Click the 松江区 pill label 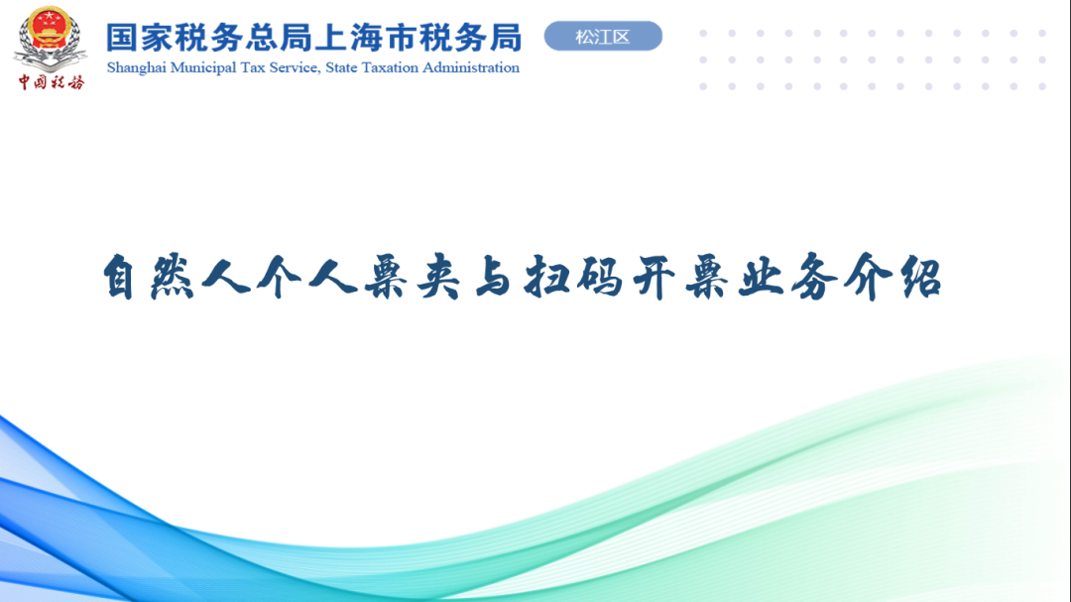point(603,37)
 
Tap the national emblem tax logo point(50,38)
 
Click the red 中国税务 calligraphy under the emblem point(52,82)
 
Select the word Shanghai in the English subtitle point(137,67)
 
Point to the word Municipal point(203,67)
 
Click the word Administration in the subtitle point(471,67)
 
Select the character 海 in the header point(366,38)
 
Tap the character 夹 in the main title point(438,277)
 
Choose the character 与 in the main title point(492,277)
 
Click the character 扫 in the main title point(545,277)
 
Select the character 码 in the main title point(599,277)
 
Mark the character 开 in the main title point(654,277)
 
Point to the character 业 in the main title point(761,277)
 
